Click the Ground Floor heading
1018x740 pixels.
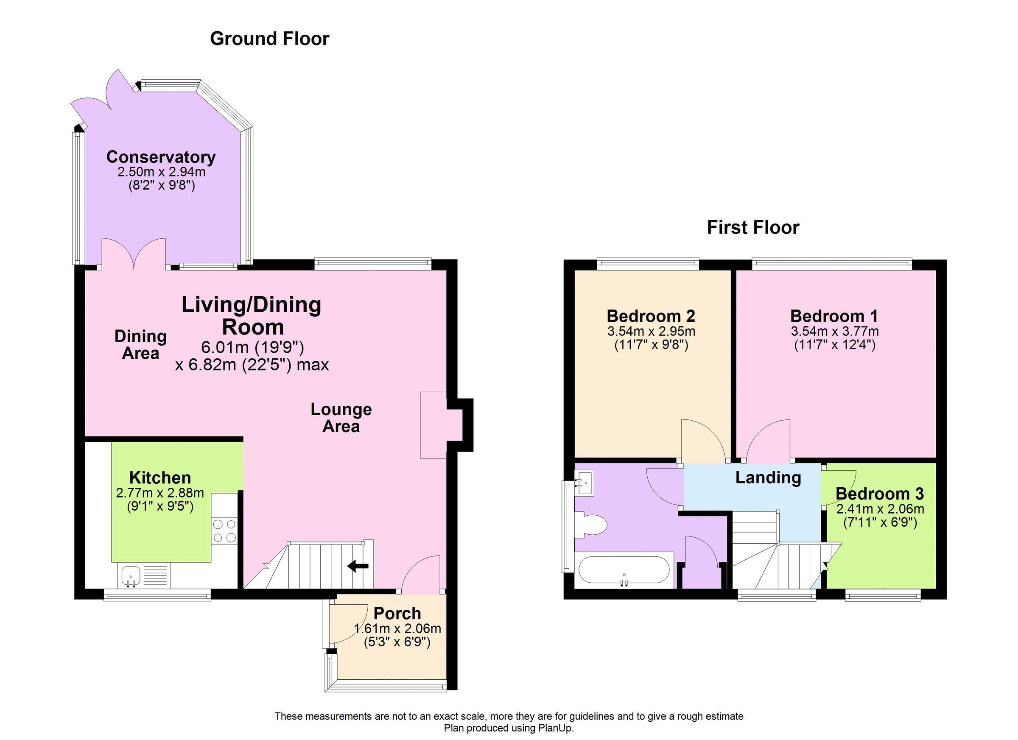[x=269, y=39]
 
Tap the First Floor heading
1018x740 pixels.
[x=753, y=228]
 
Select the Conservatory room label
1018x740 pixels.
[x=161, y=157]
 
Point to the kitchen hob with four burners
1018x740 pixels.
[x=224, y=531]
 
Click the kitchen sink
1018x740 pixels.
[x=131, y=576]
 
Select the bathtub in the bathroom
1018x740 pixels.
[x=624, y=570]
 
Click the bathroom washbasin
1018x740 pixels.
[x=584, y=483]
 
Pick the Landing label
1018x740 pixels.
[x=768, y=477]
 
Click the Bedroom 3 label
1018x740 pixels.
[x=879, y=494]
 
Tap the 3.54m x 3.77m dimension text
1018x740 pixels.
[x=834, y=332]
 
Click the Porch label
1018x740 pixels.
[x=397, y=613]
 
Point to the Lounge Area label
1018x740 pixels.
[x=341, y=417]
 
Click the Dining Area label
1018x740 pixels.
[x=140, y=344]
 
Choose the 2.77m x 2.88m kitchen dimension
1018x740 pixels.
[x=160, y=493]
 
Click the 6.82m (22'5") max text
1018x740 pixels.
[x=252, y=364]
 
